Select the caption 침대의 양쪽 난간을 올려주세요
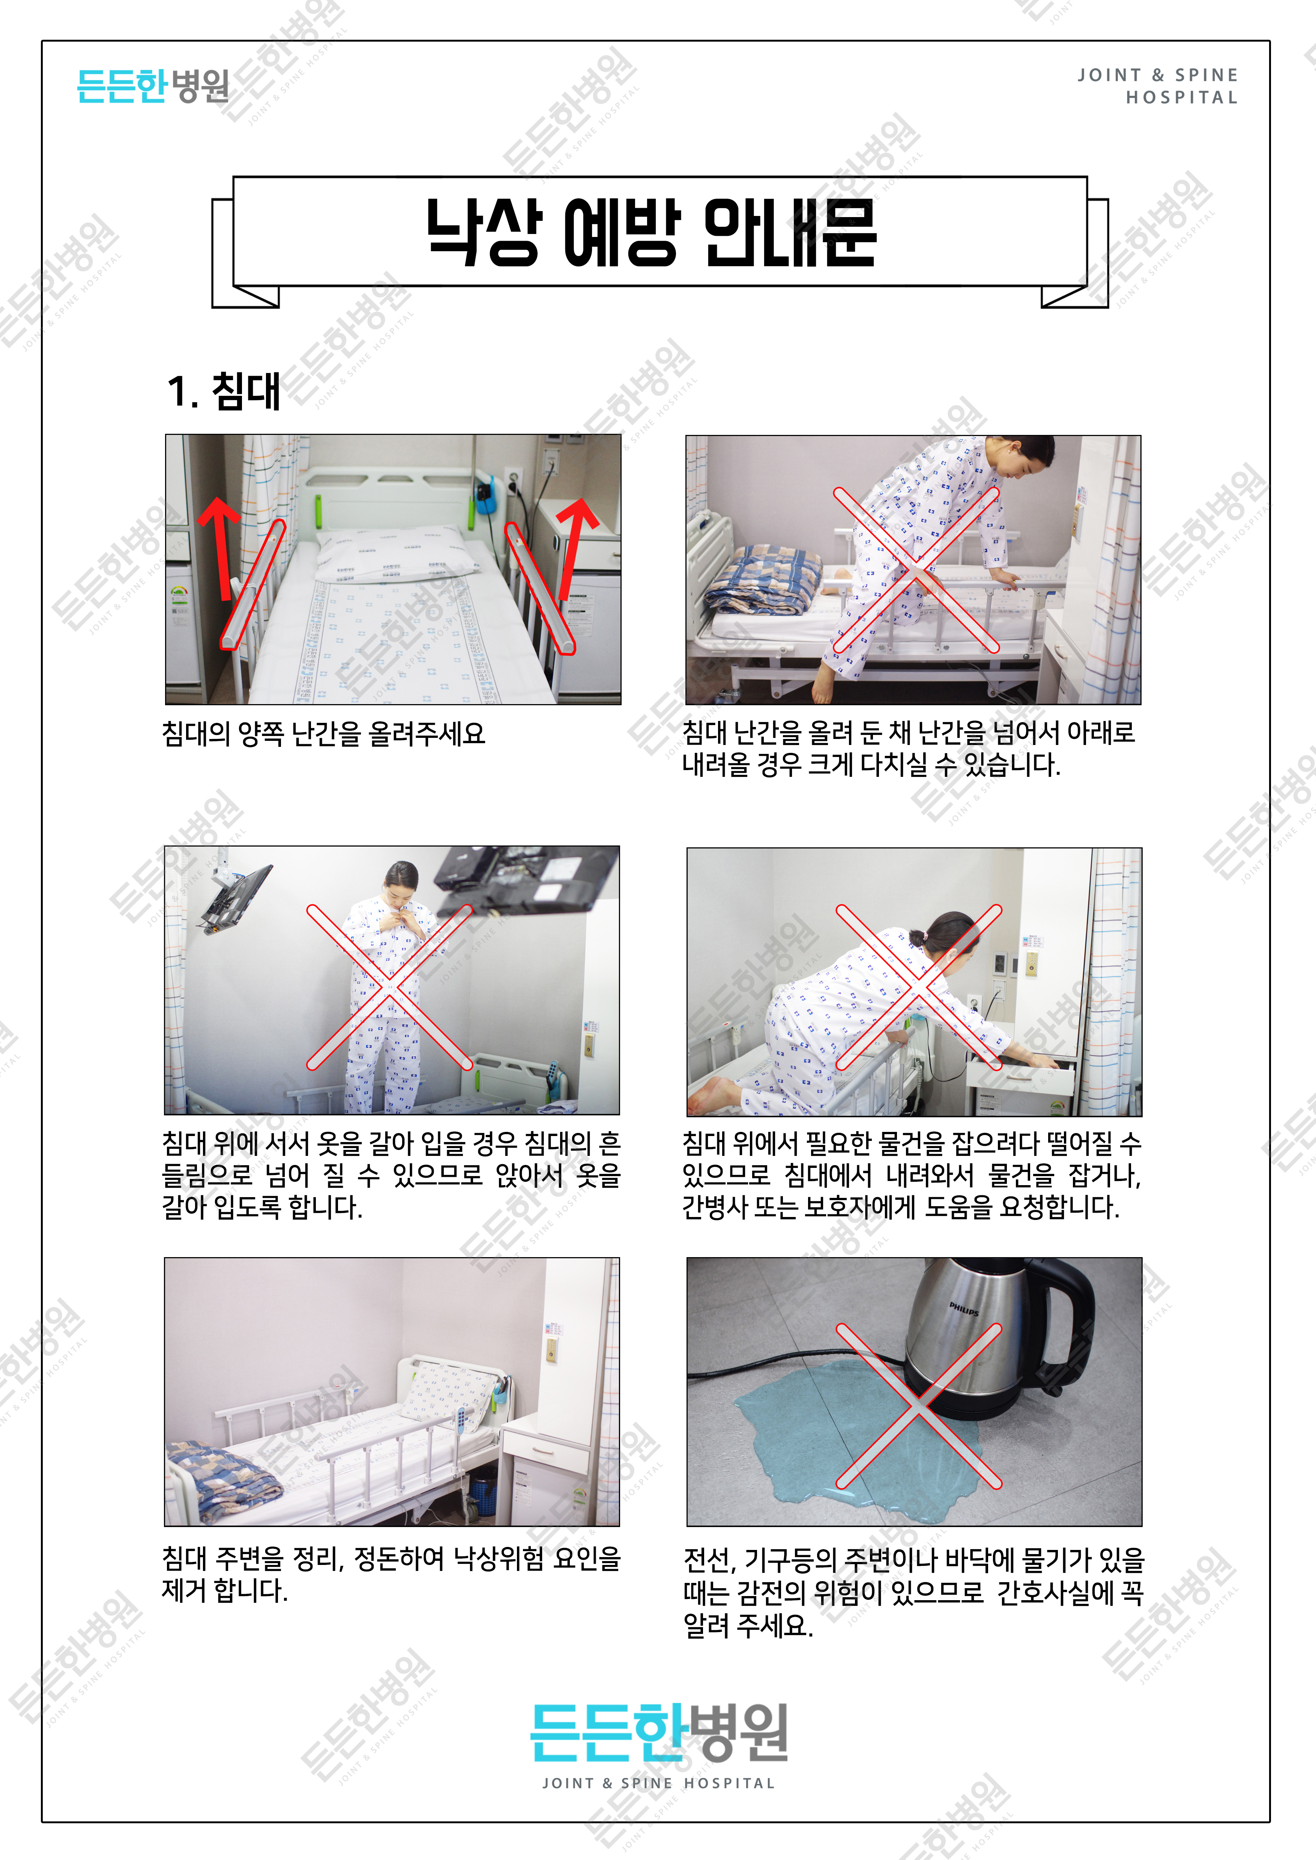click(323, 734)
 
